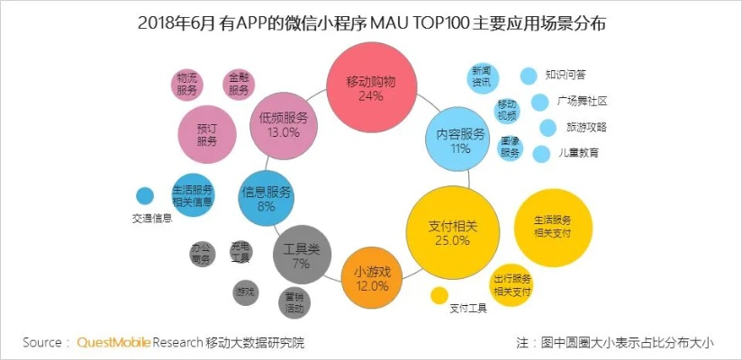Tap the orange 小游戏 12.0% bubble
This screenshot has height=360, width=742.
coord(372,278)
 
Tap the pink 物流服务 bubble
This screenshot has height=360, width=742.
coord(187,84)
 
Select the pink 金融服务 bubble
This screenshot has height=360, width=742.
coord(238,84)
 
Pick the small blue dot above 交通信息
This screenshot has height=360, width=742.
coord(144,195)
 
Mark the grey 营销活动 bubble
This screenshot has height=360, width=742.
coord(294,301)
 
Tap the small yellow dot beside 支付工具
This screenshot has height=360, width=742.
coord(439,295)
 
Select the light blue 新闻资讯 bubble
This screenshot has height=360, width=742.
coord(481,77)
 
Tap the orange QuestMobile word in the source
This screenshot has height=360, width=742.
coord(113,342)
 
